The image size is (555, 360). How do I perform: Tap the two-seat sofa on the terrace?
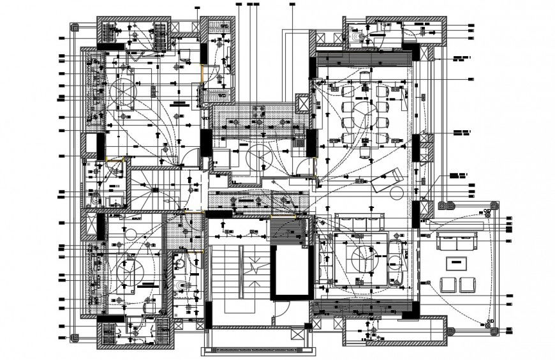[456, 242]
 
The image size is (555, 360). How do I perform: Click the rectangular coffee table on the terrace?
[456, 262]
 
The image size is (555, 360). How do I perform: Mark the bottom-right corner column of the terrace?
[492, 330]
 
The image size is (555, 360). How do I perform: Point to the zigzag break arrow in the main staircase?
[255, 268]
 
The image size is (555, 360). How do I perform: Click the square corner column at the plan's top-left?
[74, 29]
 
